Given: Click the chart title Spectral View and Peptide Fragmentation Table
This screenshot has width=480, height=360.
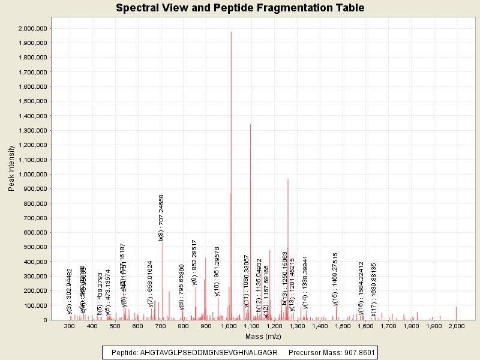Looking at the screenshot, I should pos(240,8).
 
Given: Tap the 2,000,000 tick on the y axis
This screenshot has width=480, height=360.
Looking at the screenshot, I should pos(34,29).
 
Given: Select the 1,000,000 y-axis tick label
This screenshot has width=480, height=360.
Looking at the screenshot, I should pos(34,175).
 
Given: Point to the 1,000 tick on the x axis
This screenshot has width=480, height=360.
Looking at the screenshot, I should pos(229,326).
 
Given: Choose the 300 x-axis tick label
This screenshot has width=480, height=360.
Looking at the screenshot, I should pos(70,326).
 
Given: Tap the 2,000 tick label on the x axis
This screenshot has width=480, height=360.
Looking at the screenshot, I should pos(457,326).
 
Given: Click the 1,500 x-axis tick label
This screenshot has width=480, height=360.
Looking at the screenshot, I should pos(343,326).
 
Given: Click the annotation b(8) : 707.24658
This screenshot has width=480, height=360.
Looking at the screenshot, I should pos(161,217).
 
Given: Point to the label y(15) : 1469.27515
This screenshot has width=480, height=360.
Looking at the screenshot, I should pos(335,279).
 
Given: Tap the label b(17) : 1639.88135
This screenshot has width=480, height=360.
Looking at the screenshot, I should pos(373,290).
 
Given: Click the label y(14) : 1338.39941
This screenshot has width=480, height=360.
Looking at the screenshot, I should pos(305,282).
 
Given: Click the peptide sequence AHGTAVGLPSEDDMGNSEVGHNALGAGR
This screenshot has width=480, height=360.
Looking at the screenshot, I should pos(209,352).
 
